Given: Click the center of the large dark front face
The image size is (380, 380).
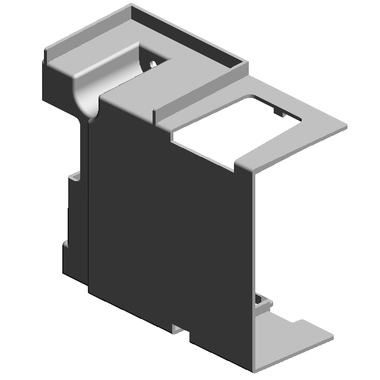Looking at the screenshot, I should [172, 220].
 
